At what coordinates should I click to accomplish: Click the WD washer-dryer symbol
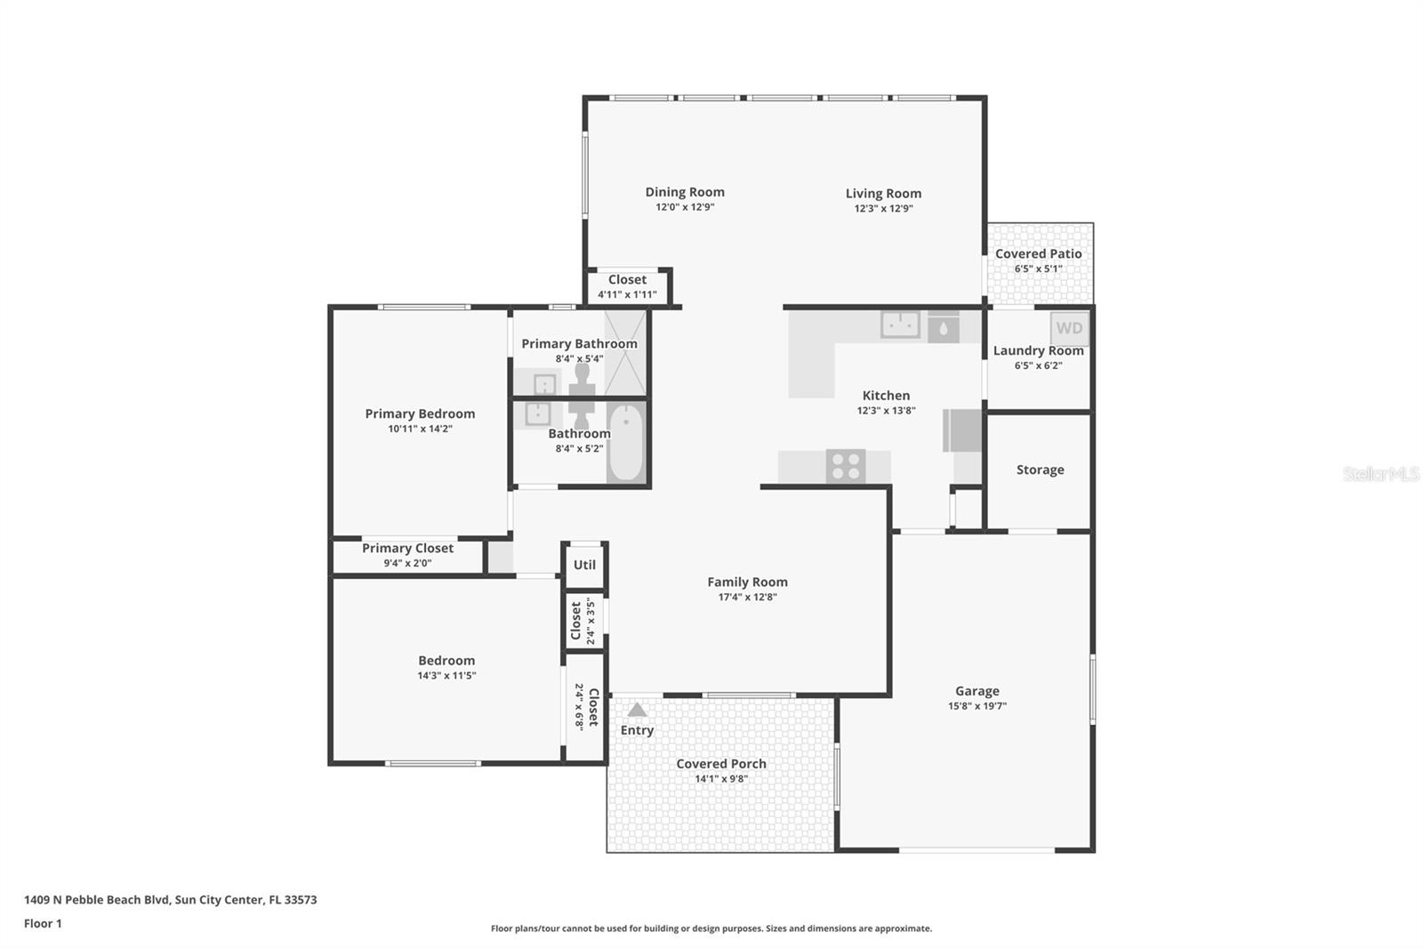coord(1069,328)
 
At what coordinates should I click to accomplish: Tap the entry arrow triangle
coord(637,710)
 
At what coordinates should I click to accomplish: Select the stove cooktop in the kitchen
coord(846,466)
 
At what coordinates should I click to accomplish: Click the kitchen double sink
coord(900,325)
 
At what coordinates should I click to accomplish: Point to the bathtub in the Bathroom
coord(627,442)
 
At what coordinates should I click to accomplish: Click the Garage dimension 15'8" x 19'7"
coord(977,706)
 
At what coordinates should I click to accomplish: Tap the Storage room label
coord(1040,470)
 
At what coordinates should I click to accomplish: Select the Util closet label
coord(584,565)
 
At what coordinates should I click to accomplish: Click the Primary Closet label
coord(407,548)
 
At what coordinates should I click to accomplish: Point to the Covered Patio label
coord(1038,253)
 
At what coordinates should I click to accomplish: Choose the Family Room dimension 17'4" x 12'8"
coord(747,597)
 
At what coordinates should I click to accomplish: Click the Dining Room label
coord(685,191)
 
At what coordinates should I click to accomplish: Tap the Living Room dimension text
coord(883,208)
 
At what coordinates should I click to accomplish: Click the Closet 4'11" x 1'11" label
coord(627,279)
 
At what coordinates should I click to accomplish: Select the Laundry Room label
coord(1038,350)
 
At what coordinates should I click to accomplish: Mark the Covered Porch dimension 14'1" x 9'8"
coord(720,779)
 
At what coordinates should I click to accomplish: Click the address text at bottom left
coord(170,899)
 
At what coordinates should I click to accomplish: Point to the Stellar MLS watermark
coord(1380,474)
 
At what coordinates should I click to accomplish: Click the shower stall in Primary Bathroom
coord(626,353)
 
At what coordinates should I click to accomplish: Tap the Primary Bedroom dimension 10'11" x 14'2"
coord(420,429)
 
